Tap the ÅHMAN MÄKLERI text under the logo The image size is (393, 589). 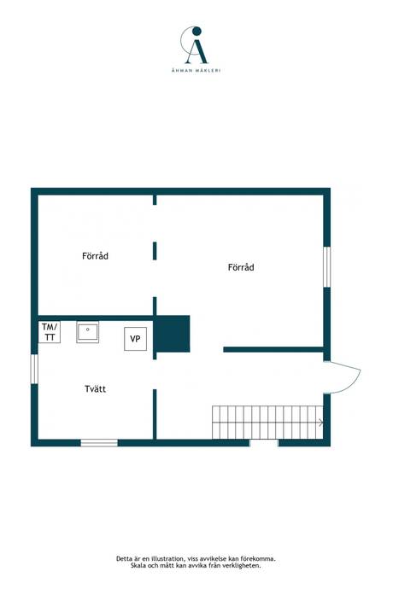[196, 70]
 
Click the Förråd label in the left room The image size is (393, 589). [95, 256]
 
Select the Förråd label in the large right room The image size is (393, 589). [241, 267]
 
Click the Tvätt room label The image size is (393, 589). [95, 388]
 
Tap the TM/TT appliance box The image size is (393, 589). [50, 332]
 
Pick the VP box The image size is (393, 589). [135, 339]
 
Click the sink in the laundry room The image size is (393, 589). [88, 332]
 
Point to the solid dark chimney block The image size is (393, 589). [172, 334]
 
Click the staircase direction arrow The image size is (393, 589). [320, 423]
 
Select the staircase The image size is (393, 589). [267, 423]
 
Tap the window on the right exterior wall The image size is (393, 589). [327, 266]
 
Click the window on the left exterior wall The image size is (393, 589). [34, 369]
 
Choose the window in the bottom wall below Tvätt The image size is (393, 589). [99, 443]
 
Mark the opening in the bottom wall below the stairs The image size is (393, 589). [264, 443]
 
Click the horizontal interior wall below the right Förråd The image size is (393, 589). [273, 350]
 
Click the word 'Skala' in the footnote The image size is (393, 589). [138, 565]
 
